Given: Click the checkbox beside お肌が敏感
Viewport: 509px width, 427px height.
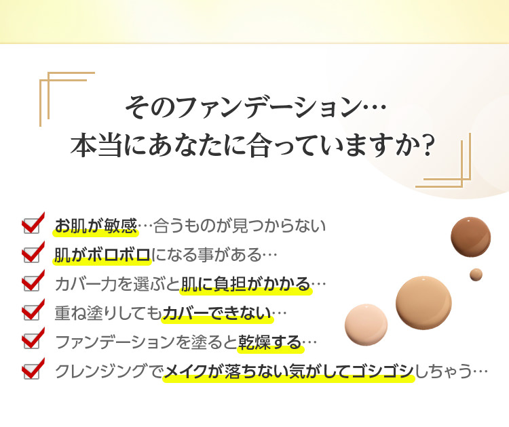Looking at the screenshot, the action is point(31,226).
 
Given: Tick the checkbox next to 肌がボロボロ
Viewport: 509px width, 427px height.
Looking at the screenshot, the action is point(31,255).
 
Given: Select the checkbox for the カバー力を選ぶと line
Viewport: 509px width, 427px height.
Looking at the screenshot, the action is point(31,284).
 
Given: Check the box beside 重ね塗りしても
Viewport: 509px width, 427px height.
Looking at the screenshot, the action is point(31,312).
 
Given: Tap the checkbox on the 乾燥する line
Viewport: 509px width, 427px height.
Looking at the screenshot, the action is point(31,342).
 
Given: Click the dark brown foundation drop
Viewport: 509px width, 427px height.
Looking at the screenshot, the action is point(471,237).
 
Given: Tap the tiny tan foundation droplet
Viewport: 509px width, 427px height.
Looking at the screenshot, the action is point(476,274).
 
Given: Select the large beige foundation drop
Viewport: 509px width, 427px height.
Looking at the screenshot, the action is point(423,303).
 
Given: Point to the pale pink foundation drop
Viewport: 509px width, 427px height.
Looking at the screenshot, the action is point(366,325).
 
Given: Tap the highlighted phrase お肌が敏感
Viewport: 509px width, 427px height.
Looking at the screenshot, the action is point(96,226).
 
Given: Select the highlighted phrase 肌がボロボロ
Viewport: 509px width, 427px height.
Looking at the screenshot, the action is point(102,255).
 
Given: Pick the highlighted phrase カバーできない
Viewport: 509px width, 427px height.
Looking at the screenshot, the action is point(217,313).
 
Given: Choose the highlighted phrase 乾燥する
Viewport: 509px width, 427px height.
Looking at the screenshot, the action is point(270,342).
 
